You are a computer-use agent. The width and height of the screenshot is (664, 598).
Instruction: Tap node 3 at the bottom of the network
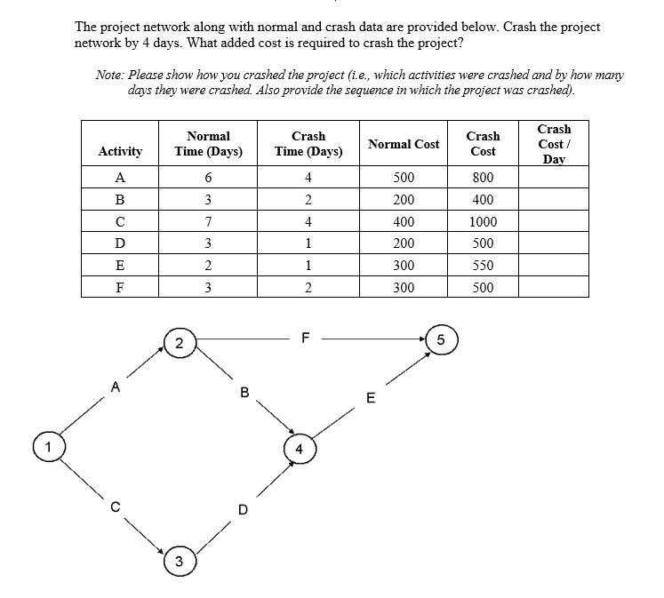[x=180, y=562]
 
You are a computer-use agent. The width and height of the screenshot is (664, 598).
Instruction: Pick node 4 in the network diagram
[x=300, y=449]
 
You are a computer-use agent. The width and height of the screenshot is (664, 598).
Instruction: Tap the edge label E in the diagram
[x=372, y=397]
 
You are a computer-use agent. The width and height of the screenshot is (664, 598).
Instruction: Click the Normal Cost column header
[x=404, y=144]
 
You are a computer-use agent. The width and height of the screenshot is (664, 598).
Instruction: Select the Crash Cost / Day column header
[x=554, y=144]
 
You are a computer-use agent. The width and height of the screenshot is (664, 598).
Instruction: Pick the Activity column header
[x=120, y=152]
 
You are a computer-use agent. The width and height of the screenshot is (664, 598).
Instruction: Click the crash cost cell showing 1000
[x=483, y=221]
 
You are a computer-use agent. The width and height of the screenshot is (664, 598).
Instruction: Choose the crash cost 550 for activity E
[x=483, y=266]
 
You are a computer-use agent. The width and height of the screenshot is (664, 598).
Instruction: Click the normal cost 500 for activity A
[x=404, y=178]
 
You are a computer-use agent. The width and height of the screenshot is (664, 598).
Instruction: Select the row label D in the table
[x=120, y=243]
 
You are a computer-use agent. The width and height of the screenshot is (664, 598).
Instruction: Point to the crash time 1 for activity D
[x=308, y=243]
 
